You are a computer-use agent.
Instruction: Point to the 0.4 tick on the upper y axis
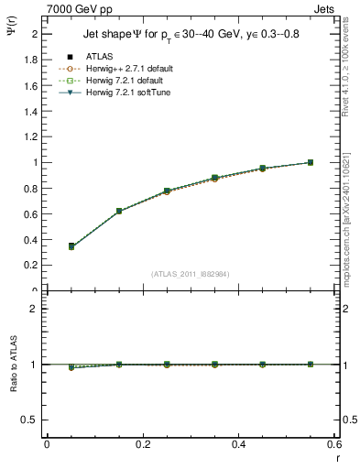[34, 239]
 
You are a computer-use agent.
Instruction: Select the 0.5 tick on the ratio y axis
[32, 420]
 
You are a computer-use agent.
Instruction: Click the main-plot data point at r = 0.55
[311, 162]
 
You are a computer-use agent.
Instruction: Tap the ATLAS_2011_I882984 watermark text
[190, 273]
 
